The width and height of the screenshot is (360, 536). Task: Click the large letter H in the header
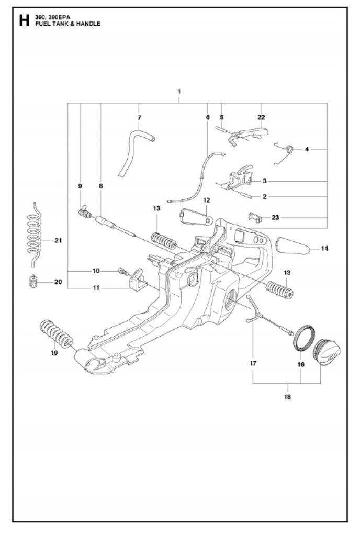coord(24,20)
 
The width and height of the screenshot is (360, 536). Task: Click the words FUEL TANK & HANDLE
coord(67,24)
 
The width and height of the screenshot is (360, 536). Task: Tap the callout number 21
coord(59,240)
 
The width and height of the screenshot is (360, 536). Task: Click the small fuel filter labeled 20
coord(33,282)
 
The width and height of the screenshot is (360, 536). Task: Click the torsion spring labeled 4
coord(289,149)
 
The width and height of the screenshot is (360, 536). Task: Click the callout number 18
coord(288,397)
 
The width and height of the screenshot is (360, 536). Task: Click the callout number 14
coord(324,248)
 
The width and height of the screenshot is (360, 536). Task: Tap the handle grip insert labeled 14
coord(292,246)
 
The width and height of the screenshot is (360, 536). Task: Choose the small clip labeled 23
coord(255,217)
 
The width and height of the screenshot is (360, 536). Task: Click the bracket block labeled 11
coord(138,280)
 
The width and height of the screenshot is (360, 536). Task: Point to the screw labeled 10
coord(123,272)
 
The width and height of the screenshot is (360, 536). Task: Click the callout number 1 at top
coord(179,91)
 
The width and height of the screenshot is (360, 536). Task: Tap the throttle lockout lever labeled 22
coord(250,135)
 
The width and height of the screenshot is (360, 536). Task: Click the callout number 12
coord(207,200)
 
